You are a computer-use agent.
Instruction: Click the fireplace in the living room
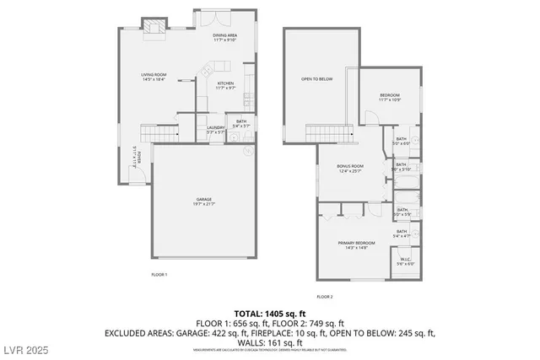tap(153, 28)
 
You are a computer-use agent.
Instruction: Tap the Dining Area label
tap(225, 35)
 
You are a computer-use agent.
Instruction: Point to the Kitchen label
tap(225, 83)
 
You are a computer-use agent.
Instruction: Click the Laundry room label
tap(216, 128)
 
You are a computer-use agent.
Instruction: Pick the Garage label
tap(203, 201)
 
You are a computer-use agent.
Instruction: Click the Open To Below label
tap(317, 79)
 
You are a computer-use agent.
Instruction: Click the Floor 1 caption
tap(159, 275)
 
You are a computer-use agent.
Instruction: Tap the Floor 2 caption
tap(326, 297)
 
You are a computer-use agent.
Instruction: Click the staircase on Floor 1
tap(159, 134)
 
